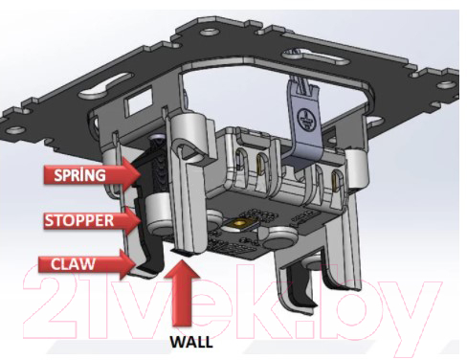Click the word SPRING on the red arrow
79,175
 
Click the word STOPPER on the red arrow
78,220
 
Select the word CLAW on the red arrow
73,264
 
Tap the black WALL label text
191,342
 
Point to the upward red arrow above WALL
182,293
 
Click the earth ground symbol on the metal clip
305,120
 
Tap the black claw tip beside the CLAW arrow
150,263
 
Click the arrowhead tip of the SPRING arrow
141,175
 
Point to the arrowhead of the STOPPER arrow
141,220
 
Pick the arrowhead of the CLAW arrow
137,263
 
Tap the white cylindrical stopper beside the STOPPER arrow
158,213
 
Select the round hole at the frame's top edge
209,32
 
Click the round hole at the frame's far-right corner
446,84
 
